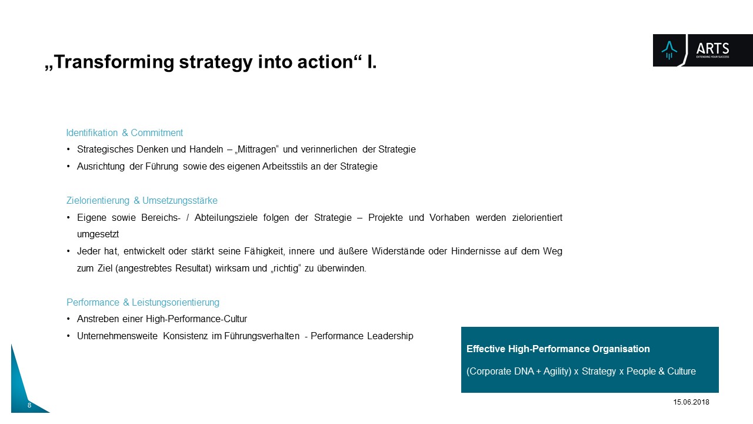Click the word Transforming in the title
click(114, 62)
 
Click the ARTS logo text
click(712, 49)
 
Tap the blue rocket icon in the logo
click(669, 51)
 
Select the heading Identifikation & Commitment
click(124, 132)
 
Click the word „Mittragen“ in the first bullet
click(256, 149)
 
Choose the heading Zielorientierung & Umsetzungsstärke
click(142, 201)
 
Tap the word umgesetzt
click(98, 234)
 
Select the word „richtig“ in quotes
click(285, 268)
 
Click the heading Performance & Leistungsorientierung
click(143, 302)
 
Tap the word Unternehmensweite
click(117, 336)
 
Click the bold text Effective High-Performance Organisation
click(558, 349)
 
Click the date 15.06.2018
click(691, 402)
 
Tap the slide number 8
click(29, 405)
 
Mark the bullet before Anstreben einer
click(68, 319)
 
